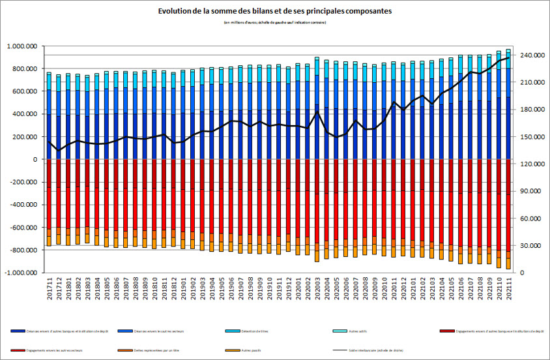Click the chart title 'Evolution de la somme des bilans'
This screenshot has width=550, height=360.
275,12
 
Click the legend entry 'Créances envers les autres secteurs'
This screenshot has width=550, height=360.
154,332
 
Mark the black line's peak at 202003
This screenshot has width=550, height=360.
317,112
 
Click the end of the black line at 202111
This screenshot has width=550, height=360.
508,58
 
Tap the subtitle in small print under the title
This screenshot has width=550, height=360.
275,23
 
